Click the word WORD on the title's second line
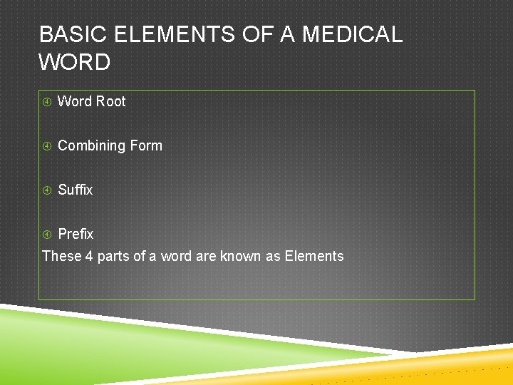point(75,63)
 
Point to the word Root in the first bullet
point(110,101)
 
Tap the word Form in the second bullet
point(145,145)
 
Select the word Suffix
point(75,190)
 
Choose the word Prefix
point(76,234)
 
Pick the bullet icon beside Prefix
point(47,235)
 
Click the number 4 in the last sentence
point(89,256)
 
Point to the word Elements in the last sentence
point(314,256)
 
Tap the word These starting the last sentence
point(62,256)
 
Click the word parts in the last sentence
point(113,257)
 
